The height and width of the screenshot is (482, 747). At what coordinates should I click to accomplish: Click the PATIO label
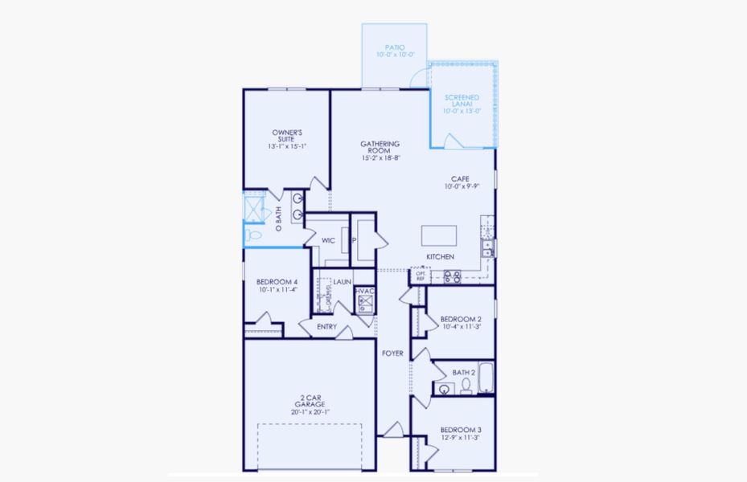(394, 47)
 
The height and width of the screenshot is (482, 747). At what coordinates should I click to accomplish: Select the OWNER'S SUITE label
(286, 135)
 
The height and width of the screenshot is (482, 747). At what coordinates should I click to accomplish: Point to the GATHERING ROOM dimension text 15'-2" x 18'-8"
(380, 158)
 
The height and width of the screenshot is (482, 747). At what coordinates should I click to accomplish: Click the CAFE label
(460, 179)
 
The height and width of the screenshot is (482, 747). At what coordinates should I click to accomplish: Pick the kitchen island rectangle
(439, 235)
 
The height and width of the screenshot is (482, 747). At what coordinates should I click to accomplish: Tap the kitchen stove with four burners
(453, 277)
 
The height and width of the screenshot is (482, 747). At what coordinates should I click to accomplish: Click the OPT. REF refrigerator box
(421, 276)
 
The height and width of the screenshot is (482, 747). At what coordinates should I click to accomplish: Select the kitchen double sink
(487, 248)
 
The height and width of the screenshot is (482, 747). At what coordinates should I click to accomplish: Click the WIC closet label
(328, 240)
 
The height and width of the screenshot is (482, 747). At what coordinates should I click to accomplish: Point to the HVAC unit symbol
(366, 302)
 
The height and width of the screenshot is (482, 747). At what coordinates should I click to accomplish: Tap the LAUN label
(342, 282)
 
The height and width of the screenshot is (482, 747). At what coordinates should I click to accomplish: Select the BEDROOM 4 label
(277, 282)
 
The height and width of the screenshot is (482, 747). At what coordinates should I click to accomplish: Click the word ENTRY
(326, 327)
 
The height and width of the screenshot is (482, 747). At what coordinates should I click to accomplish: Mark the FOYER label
(392, 353)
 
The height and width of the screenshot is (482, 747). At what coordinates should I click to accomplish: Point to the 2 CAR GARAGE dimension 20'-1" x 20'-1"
(310, 412)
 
